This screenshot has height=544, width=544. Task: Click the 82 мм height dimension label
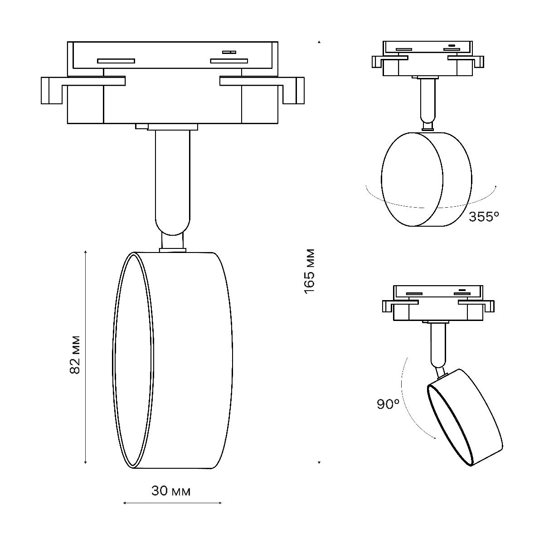click(75, 355)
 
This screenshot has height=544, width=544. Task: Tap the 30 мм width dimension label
click(171, 491)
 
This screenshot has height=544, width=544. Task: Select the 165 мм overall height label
click(310, 271)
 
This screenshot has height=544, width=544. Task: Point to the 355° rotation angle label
click(484, 217)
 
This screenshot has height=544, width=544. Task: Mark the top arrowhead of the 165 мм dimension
click(319, 42)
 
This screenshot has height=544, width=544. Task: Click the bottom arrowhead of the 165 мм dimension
click(319, 462)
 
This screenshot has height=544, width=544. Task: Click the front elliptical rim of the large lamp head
click(131, 360)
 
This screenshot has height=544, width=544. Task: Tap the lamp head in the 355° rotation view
click(426, 179)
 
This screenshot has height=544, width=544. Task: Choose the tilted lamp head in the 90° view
click(465, 417)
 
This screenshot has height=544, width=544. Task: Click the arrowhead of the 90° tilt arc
click(434, 438)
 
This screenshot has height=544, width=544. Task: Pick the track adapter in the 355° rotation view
click(427, 59)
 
